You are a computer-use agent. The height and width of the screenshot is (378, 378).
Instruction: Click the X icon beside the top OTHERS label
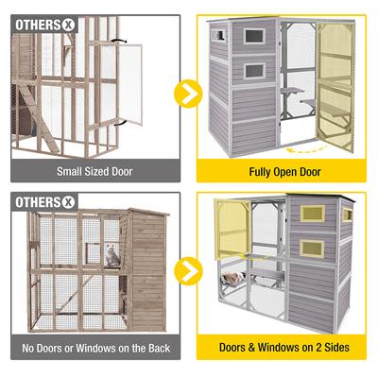click(68, 26)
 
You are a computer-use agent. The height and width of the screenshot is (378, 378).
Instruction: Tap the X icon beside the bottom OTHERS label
click(68, 202)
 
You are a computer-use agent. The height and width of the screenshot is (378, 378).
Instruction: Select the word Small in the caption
click(68, 172)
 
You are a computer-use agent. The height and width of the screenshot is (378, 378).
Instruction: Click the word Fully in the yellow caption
click(260, 172)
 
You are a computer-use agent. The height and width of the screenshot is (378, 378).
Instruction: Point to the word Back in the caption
click(160, 348)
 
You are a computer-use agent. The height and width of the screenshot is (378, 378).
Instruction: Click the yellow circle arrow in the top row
click(188, 94)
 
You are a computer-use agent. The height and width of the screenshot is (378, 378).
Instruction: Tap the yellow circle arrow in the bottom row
click(188, 271)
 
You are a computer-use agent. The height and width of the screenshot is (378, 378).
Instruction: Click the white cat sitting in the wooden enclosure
click(112, 256)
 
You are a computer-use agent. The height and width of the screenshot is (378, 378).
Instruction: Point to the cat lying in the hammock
click(233, 278)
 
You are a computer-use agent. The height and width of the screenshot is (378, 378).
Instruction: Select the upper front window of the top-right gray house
click(254, 36)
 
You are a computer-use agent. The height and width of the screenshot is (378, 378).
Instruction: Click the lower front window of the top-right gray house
click(254, 71)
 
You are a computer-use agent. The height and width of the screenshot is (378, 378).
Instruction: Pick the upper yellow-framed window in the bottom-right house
click(312, 214)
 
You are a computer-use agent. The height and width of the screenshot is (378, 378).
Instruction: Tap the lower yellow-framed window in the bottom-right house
click(312, 249)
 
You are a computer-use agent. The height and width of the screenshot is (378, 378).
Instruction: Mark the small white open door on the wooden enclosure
click(130, 84)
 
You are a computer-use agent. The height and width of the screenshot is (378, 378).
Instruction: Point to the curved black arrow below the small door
click(120, 123)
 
